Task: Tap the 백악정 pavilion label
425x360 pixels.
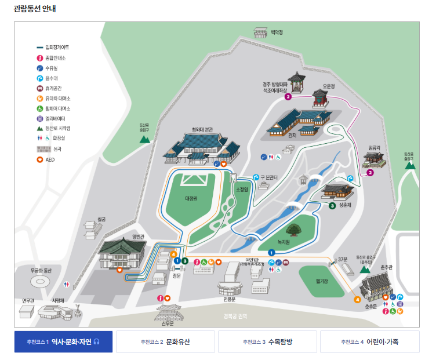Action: point(277,32)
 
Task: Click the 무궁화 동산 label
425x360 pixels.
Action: point(41,271)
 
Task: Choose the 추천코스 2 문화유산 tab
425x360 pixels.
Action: point(165,342)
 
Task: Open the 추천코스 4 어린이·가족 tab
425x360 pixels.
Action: point(369,342)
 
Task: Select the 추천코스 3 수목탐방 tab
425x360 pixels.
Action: point(267,342)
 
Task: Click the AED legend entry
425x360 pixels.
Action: point(50,159)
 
